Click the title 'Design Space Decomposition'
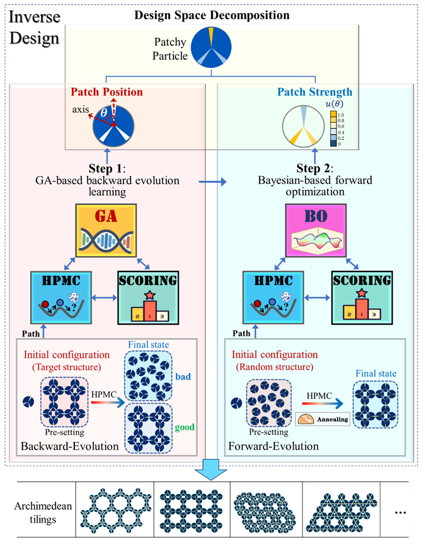click(212, 15)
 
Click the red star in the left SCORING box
click(150, 293)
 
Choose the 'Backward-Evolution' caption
click(70, 446)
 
